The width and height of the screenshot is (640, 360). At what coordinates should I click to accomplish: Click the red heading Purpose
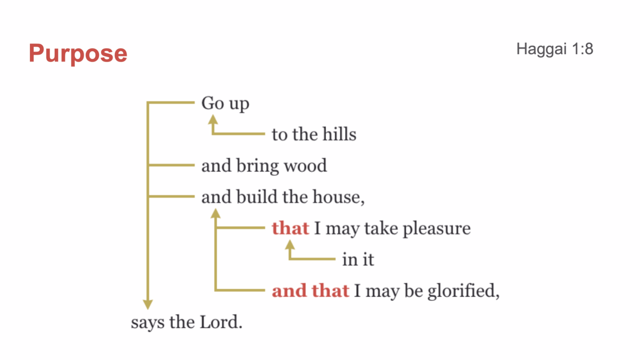coord(78,54)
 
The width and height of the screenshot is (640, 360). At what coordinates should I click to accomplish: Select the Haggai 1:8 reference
coord(554,49)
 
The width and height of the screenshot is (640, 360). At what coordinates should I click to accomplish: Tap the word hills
coord(339,134)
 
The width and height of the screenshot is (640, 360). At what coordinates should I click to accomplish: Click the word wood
coord(305,165)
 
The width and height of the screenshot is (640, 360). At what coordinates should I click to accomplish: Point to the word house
coord(337,197)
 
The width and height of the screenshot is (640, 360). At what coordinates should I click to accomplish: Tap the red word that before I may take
coord(290,228)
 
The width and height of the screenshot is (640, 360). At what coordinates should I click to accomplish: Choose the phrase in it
coord(358,259)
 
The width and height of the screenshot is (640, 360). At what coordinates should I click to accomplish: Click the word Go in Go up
coord(212,103)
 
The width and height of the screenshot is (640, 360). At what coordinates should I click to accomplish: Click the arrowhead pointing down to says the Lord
coord(148,304)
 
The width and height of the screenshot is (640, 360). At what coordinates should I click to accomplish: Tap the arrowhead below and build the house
coord(216,213)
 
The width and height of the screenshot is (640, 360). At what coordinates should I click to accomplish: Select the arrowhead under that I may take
coord(290,244)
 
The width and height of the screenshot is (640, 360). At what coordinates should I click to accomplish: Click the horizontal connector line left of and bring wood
coord(171,165)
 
